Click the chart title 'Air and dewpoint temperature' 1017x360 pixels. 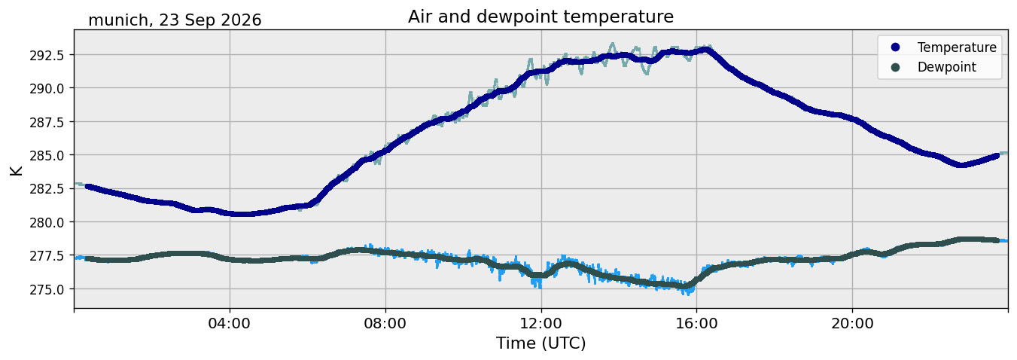[540, 17]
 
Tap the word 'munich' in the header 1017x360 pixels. [118, 20]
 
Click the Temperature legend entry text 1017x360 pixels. [957, 47]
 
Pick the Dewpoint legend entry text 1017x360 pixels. [947, 67]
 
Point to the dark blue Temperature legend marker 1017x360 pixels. [895, 47]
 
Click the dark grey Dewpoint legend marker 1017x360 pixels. [895, 67]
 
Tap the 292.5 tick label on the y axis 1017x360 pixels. [47, 56]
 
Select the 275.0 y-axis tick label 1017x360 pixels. [47, 289]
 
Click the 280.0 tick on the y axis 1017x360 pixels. [47, 222]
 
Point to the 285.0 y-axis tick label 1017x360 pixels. [47, 156]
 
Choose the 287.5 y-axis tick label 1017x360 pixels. [47, 122]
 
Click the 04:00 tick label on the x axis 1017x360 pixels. [230, 324]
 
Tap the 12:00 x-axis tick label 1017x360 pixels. [541, 324]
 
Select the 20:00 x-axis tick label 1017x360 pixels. [852, 324]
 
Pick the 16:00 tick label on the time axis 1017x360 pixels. [696, 324]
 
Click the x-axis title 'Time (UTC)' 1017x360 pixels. [540, 343]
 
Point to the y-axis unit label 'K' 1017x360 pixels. [17, 170]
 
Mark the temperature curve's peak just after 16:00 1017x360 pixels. [706, 50]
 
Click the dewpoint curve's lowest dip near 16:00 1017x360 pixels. [688, 287]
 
